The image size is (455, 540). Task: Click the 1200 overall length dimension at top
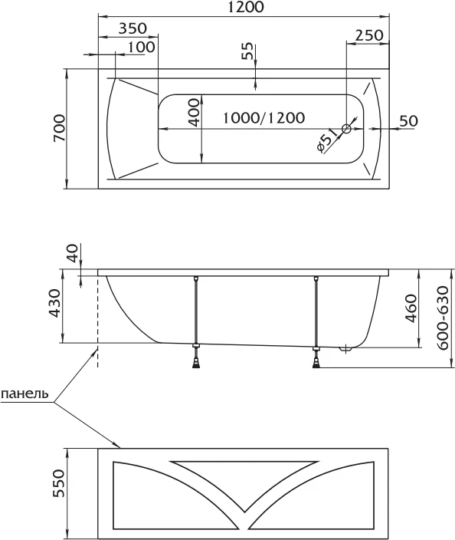tap(246, 7)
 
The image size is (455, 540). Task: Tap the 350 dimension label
tap(133, 28)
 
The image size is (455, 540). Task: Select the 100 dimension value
tap(141, 47)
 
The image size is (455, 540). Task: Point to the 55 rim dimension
tap(247, 51)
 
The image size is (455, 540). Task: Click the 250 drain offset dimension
tap(368, 35)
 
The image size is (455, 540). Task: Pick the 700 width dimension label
tap(59, 128)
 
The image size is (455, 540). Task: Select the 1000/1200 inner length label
tap(264, 118)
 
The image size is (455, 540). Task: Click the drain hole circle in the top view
tap(346, 129)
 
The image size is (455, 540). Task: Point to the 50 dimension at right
tap(409, 121)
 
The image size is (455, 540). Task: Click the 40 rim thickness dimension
tap(73, 253)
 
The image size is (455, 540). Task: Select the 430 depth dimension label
tap(54, 303)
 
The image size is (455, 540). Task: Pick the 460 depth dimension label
tap(411, 308)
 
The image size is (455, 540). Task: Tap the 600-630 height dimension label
tap(444, 318)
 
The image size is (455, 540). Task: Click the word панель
tap(25, 393)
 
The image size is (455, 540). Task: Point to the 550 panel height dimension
tap(59, 483)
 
